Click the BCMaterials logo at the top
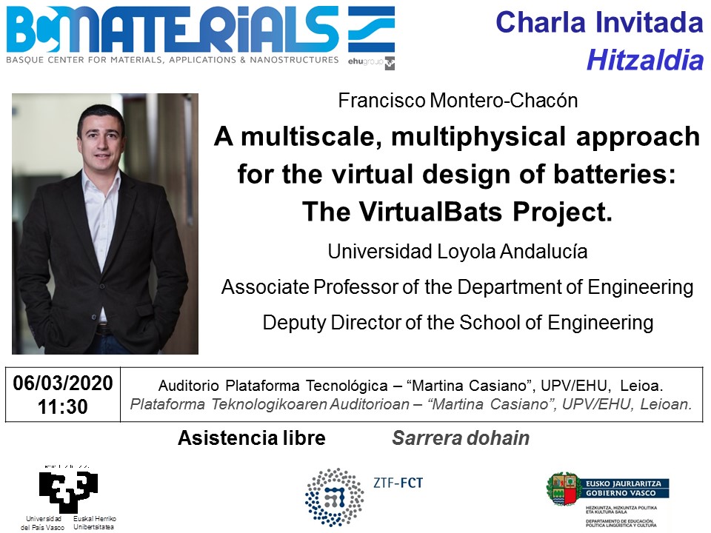pyautogui.click(x=201, y=37)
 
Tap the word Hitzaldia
pyautogui.click(x=645, y=60)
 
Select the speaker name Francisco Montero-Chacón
pyautogui.click(x=458, y=100)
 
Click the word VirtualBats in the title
pyautogui.click(x=431, y=212)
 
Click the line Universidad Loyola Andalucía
pyautogui.click(x=458, y=251)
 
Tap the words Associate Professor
pyautogui.click(x=310, y=287)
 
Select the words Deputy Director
pyautogui.click(x=333, y=322)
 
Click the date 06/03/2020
pyautogui.click(x=62, y=383)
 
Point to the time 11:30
pyautogui.click(x=62, y=406)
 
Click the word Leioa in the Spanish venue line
pyautogui.click(x=640, y=386)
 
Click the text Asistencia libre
pyautogui.click(x=252, y=438)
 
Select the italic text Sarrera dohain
pyautogui.click(x=461, y=438)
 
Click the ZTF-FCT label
pyautogui.click(x=398, y=483)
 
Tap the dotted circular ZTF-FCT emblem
pyautogui.click(x=335, y=497)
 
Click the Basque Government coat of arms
pyautogui.click(x=563, y=489)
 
